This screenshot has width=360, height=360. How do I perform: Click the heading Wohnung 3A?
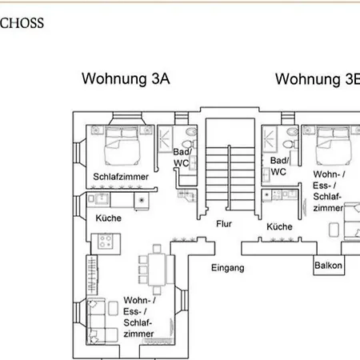click(126, 78)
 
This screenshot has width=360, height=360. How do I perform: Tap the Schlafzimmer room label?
click(121, 177)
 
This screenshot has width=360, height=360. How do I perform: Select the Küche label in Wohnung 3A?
click(109, 218)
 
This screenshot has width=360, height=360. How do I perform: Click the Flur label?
click(224, 224)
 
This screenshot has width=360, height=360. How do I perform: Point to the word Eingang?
click(228, 268)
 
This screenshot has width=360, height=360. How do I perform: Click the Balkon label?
click(328, 266)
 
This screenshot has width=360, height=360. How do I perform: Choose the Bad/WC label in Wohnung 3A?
click(182, 158)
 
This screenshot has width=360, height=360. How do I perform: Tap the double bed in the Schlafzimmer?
click(122, 146)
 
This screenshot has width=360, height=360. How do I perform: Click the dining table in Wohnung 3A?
click(157, 270)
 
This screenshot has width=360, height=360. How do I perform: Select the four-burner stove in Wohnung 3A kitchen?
click(106, 242)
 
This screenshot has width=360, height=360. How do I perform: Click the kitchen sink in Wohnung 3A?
click(102, 198)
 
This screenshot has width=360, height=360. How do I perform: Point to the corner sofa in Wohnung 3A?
click(102, 321)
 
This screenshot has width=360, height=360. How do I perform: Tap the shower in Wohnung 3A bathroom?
click(165, 139)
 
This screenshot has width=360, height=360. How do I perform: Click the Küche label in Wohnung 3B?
click(279, 226)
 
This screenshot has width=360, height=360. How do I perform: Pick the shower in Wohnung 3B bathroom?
click(270, 139)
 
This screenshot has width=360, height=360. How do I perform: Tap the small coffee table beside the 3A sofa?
click(114, 309)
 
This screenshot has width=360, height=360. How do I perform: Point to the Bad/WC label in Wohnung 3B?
click(279, 166)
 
